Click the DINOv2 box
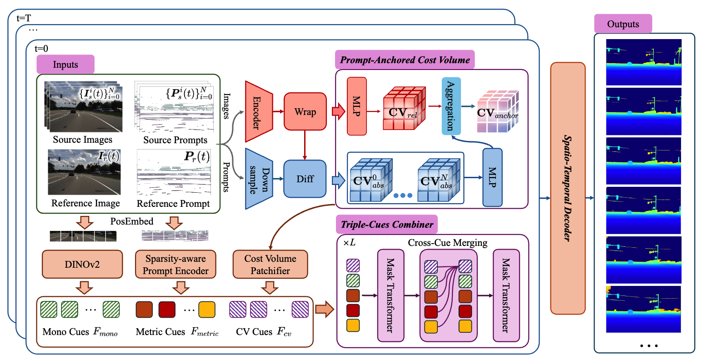82,264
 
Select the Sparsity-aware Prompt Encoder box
175,264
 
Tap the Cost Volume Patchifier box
270,264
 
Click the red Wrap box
305,112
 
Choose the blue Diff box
305,179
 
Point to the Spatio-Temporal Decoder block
567,188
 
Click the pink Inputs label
65,65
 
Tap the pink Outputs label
623,24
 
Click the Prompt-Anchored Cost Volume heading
405,60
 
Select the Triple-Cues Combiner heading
387,225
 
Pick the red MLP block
356,106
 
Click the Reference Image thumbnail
84,172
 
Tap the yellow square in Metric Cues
207,310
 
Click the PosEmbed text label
132,221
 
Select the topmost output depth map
644,62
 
